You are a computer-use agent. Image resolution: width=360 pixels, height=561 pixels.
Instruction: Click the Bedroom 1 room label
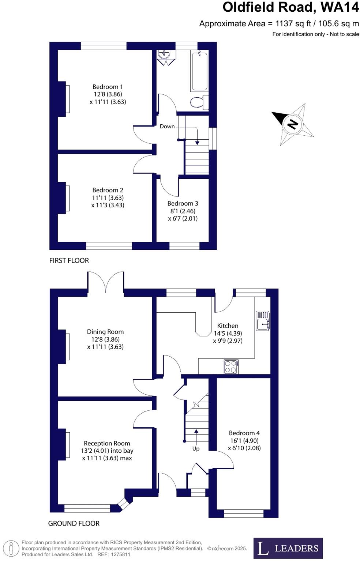(108, 87)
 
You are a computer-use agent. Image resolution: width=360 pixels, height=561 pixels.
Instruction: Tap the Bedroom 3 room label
(183, 204)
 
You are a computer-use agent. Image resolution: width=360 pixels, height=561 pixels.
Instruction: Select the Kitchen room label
(228, 326)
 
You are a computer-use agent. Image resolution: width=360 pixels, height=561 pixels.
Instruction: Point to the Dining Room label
(105, 332)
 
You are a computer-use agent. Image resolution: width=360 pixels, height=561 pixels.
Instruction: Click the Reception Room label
(107, 444)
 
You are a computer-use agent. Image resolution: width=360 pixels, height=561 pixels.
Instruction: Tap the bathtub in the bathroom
(199, 71)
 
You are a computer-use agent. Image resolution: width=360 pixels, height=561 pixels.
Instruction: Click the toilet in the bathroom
(199, 102)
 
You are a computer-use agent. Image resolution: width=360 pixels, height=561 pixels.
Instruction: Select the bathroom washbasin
(163, 54)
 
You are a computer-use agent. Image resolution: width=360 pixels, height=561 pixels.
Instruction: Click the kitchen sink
(262, 321)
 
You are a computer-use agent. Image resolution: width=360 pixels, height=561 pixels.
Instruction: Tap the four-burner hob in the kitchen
(231, 367)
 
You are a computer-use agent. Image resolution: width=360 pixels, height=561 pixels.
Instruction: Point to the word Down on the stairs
(167, 127)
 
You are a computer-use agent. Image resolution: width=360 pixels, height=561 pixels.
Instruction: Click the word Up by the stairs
(196, 449)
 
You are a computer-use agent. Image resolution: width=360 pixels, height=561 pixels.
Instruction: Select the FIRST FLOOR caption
(69, 261)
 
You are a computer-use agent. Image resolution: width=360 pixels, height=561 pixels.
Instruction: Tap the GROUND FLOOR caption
(74, 524)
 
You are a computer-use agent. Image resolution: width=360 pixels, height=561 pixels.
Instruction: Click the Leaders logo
(288, 548)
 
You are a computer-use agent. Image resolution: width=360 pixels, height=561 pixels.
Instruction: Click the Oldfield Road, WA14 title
(291, 7)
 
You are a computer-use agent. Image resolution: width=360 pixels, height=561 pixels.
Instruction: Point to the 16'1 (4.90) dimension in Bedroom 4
(244, 441)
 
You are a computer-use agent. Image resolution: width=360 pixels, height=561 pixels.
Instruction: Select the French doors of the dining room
(106, 282)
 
